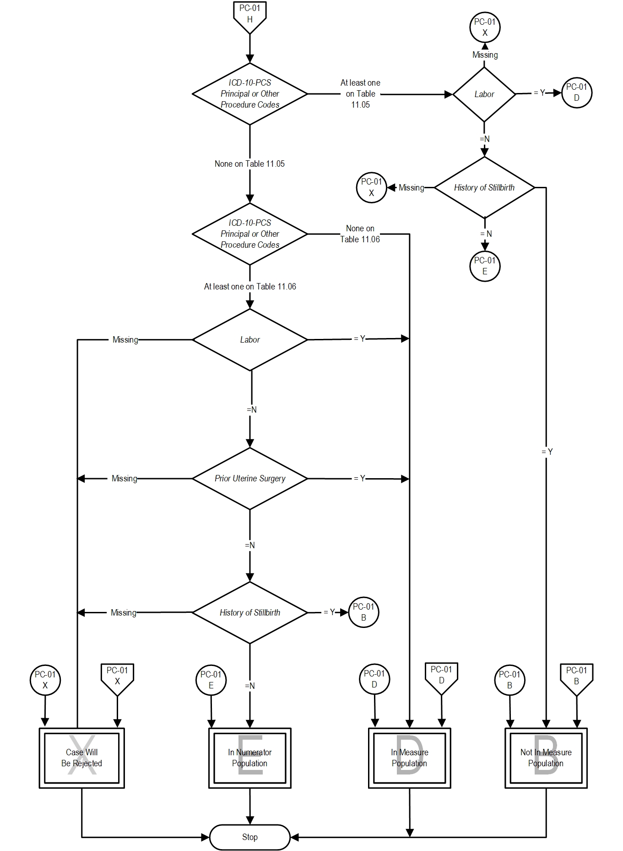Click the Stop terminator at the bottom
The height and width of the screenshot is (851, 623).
(x=249, y=837)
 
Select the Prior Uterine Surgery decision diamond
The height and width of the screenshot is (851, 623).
(x=249, y=479)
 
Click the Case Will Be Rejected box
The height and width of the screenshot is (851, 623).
(x=81, y=758)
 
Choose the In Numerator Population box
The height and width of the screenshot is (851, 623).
(x=249, y=758)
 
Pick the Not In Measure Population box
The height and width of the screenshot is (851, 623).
(x=546, y=758)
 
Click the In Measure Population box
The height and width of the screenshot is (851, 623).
(x=409, y=758)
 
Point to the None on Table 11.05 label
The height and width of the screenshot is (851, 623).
(x=249, y=164)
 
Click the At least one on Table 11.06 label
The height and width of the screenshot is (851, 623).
(x=250, y=286)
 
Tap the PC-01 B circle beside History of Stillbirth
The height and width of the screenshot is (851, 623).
(x=363, y=612)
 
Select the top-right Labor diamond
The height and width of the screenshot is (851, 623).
(x=484, y=94)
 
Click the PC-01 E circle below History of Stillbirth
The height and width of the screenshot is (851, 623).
(x=485, y=266)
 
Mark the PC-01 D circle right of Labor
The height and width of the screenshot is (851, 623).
(x=576, y=93)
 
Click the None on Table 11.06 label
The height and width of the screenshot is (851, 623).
(x=360, y=234)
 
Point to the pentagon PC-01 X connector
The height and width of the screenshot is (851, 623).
(x=117, y=677)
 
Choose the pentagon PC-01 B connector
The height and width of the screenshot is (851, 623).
(x=576, y=677)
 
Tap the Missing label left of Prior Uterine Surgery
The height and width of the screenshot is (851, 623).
(x=125, y=479)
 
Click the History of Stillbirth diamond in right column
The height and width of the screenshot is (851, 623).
(x=484, y=187)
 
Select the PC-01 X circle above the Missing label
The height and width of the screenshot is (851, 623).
(x=485, y=27)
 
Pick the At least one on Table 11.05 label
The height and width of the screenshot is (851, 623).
(x=360, y=93)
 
